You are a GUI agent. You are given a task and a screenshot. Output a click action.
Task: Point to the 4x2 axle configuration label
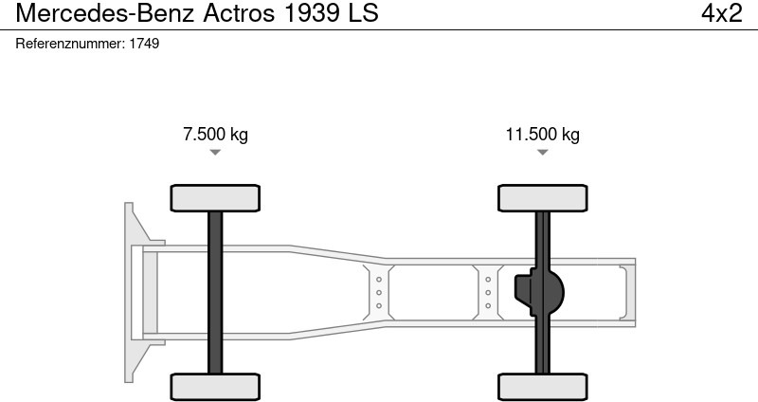721,13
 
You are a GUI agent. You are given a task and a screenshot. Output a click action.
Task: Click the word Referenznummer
71,44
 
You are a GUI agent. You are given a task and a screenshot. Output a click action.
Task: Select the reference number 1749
144,44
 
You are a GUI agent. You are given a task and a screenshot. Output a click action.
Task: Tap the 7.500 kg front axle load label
215,134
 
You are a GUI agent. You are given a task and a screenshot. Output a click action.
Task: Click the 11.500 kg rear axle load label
542,134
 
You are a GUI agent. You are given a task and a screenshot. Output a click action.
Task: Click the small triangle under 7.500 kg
215,152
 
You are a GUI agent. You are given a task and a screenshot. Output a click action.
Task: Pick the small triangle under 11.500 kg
542,152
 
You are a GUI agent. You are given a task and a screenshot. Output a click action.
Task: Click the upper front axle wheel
215,197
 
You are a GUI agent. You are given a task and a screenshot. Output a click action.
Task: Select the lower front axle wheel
215,386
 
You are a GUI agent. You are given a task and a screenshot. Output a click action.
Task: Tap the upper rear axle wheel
543,197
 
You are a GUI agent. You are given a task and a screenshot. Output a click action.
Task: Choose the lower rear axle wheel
543,386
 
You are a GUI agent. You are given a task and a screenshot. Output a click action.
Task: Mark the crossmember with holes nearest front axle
378,292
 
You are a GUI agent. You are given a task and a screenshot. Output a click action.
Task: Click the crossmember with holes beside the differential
488,292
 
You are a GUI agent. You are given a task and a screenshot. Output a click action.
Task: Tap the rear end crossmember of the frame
625,292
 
